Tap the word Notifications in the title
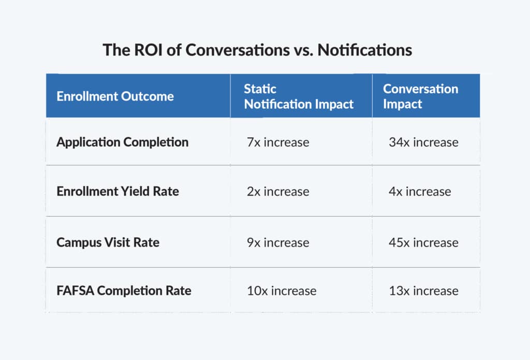pyautogui.click(x=365, y=50)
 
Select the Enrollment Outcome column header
pyautogui.click(x=115, y=96)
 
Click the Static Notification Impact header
pyautogui.click(x=299, y=96)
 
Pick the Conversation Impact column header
pyautogui.click(x=420, y=96)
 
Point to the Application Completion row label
pyautogui.click(x=122, y=142)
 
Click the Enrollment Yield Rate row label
pyautogui.click(x=117, y=192)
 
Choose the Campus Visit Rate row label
pyautogui.click(x=108, y=242)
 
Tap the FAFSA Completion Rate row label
pyautogui.click(x=124, y=291)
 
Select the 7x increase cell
pyautogui.click(x=278, y=142)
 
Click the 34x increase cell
pyautogui.click(x=423, y=142)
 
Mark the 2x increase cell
pyautogui.click(x=278, y=192)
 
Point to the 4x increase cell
pyautogui.click(x=420, y=192)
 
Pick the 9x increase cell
pyautogui.click(x=278, y=242)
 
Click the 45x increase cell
pyautogui.click(x=423, y=242)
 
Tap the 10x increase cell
pyautogui.click(x=282, y=291)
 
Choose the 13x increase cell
pyautogui.click(x=423, y=291)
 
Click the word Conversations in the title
pyautogui.click(x=238, y=50)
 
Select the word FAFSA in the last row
pyautogui.click(x=75, y=291)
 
